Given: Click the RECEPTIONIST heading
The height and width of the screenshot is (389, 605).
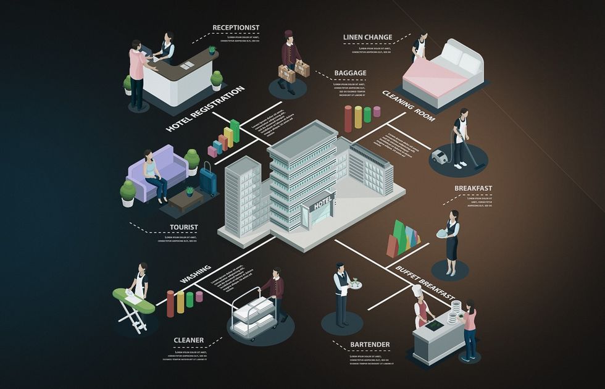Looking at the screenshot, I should [236, 27].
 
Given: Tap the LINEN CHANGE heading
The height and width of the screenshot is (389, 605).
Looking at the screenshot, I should [367, 38].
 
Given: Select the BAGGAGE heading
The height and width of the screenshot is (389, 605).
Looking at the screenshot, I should [350, 73].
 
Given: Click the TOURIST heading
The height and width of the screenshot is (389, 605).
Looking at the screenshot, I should [184, 227].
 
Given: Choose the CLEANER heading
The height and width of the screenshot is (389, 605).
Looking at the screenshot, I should [188, 340].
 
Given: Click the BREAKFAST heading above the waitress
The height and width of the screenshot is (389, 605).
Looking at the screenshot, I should [473, 188].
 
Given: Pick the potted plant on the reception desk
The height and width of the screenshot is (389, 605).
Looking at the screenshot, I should [212, 49].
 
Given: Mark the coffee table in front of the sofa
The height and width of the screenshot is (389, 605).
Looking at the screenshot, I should [185, 197].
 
